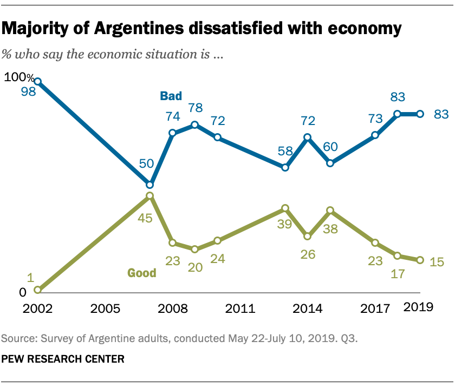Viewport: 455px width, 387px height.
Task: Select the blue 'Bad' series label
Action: (x=170, y=96)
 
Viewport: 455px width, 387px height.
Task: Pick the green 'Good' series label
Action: (x=141, y=273)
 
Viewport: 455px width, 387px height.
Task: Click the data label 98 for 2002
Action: (x=28, y=92)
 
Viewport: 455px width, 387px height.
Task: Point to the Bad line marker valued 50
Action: (x=150, y=184)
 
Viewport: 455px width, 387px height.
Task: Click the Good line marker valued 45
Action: (x=150, y=195)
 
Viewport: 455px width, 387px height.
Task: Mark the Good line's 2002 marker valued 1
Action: (x=37, y=290)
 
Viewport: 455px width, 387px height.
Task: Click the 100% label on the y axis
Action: (x=19, y=77)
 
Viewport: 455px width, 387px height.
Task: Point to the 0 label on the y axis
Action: (x=22, y=293)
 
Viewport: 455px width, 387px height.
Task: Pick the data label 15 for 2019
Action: (x=437, y=263)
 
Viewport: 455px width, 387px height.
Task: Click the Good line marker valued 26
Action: (x=307, y=236)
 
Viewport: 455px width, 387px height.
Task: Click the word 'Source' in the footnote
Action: (x=18, y=338)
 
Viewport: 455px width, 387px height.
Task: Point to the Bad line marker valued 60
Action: (x=330, y=163)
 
